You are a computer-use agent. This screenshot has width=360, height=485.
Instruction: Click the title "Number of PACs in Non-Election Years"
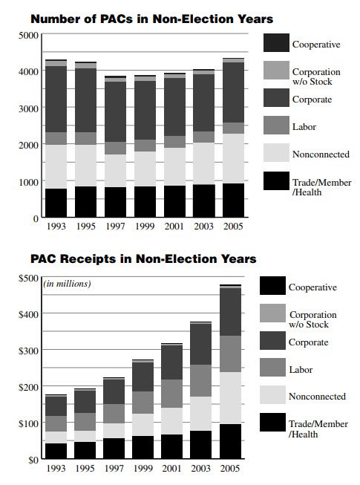[x=151, y=18]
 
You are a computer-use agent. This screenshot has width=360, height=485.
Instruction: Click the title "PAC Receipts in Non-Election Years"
[x=143, y=259]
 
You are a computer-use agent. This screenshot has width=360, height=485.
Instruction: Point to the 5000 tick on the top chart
[x=28, y=36]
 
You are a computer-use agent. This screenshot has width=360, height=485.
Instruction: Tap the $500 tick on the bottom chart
[x=28, y=279]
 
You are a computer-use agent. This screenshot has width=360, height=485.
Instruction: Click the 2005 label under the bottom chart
[x=231, y=468]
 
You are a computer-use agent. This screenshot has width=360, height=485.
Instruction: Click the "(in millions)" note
[x=67, y=284]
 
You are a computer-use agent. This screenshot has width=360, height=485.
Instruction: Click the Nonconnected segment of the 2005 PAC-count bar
[x=232, y=158]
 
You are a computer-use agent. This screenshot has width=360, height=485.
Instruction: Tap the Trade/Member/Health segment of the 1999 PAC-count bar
[x=145, y=202]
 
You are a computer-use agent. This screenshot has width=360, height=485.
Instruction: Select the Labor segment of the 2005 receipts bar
[x=231, y=354]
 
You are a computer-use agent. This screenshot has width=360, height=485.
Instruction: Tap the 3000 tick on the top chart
[x=28, y=109]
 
